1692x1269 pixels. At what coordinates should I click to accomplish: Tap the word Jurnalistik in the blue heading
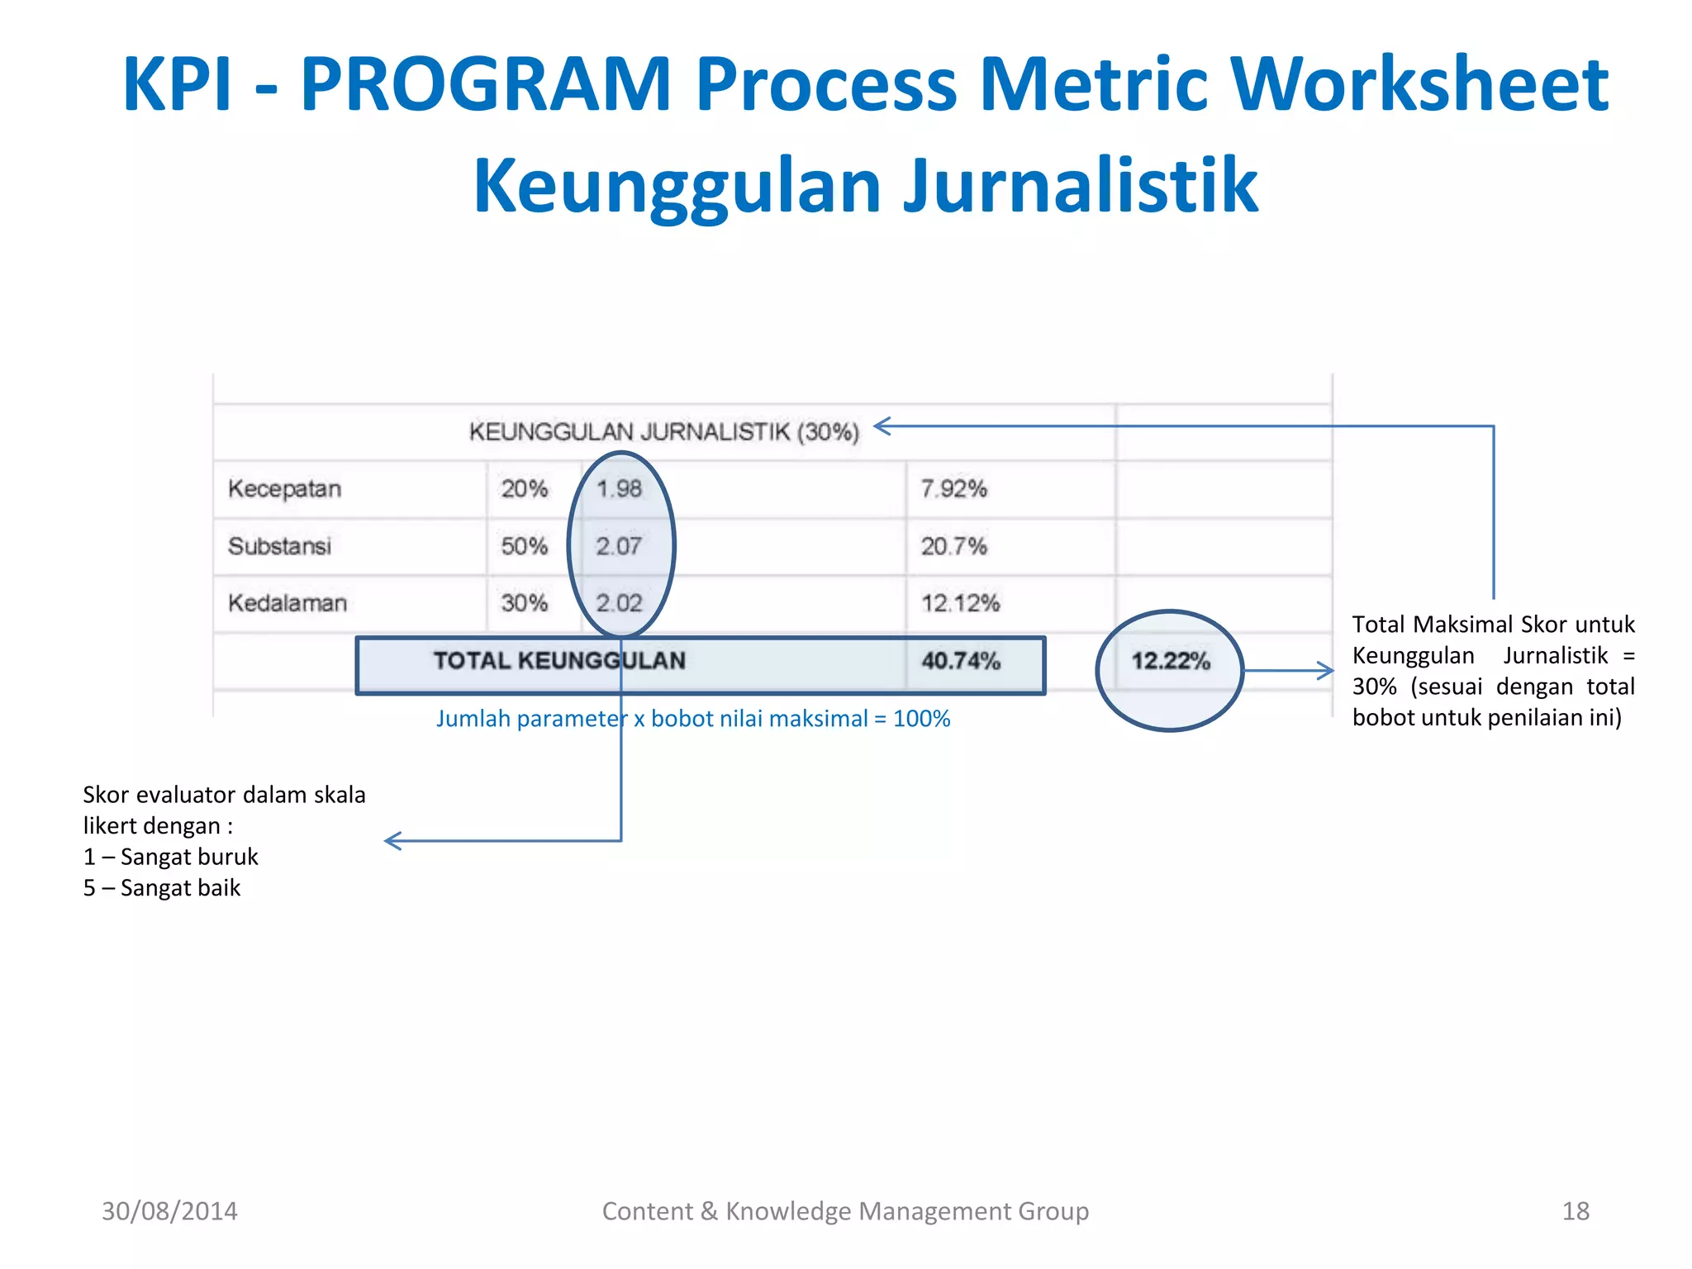tap(1079, 186)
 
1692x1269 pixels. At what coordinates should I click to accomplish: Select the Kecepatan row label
tap(284, 488)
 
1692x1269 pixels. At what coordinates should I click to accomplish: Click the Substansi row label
tap(279, 546)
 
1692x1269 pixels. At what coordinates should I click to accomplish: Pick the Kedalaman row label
tap(287, 603)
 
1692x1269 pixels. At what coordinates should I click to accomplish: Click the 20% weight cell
tap(524, 488)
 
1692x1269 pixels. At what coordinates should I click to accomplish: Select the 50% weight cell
tap(524, 546)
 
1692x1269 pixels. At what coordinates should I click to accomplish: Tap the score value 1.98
tap(619, 488)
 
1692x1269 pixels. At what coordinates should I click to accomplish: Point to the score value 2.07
tap(619, 546)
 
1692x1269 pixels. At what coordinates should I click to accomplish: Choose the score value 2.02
tap(619, 603)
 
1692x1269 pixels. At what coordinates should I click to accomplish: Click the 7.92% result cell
tap(953, 488)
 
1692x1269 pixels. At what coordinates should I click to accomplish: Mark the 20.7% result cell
tap(953, 546)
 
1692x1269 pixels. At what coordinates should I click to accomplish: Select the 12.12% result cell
tap(960, 603)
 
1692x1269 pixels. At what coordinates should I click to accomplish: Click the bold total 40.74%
tap(960, 661)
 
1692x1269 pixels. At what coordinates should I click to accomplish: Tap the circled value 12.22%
tap(1170, 661)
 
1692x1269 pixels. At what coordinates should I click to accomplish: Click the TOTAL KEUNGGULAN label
tap(559, 661)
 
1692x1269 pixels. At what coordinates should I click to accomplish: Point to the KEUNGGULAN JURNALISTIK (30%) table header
tap(663, 431)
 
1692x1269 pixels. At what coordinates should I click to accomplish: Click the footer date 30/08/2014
tap(169, 1211)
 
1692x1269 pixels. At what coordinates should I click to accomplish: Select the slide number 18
tap(1575, 1211)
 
